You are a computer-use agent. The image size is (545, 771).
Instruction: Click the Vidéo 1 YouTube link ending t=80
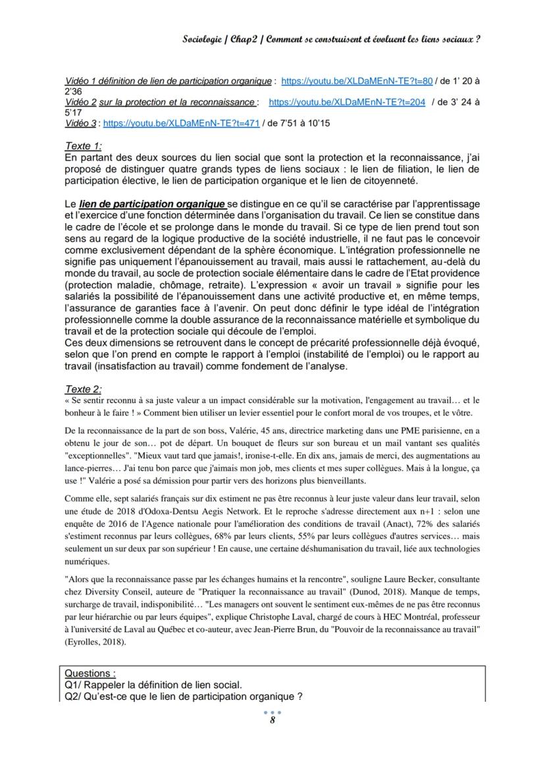356,81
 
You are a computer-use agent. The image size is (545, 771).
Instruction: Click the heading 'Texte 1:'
84,146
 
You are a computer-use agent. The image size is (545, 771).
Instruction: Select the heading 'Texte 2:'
84,390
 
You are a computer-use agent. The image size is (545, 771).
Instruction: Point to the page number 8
272,720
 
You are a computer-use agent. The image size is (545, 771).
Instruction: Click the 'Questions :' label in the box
90,674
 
